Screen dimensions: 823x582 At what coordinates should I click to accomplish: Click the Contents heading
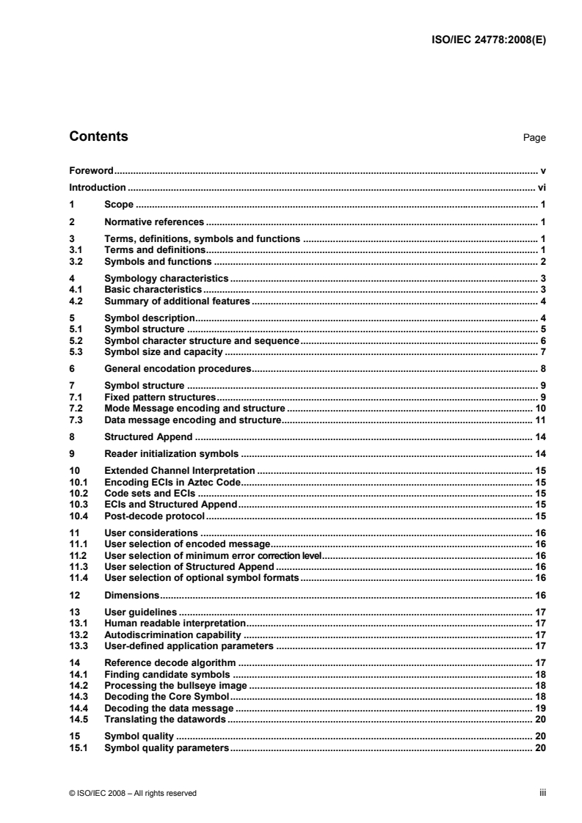pyautogui.click(x=98, y=136)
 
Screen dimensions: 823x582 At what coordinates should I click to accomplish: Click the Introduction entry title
pyautogui.click(x=92, y=188)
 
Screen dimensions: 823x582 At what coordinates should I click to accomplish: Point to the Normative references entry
pyautogui.click(x=154, y=221)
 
